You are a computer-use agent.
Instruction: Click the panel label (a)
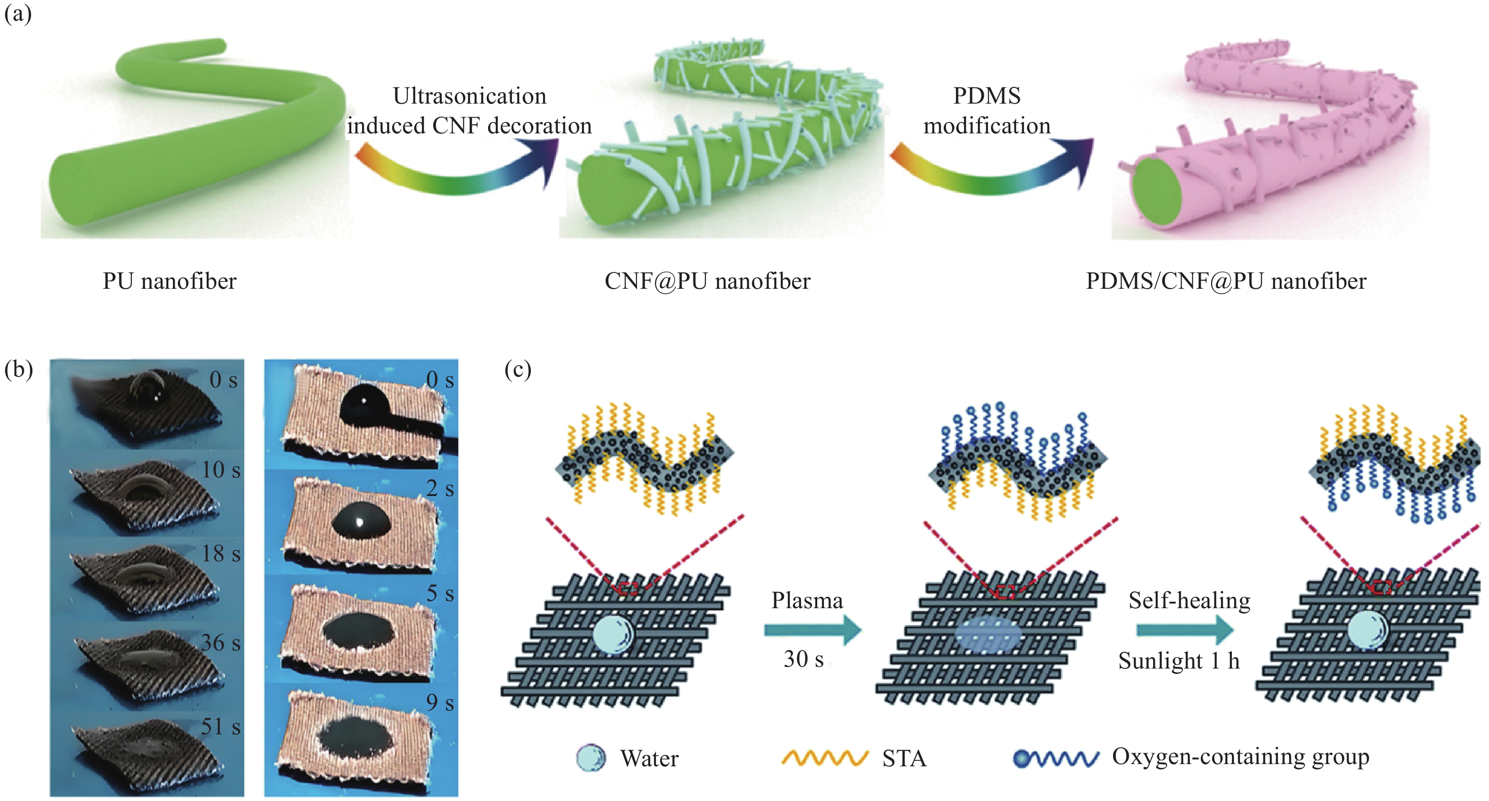point(18,13)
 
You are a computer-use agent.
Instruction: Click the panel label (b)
point(18,369)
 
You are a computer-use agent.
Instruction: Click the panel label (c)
point(517,369)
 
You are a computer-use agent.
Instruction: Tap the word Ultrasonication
point(469,96)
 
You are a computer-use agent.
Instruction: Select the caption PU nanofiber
point(169,281)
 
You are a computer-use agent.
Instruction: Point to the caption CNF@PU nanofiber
point(707,281)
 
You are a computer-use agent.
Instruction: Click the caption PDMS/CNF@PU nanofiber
point(1226,281)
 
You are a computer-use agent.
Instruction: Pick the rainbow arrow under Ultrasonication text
point(457,168)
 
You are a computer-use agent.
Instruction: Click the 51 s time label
point(220,726)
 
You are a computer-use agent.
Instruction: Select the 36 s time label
point(220,642)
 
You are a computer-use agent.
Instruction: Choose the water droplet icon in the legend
point(591,758)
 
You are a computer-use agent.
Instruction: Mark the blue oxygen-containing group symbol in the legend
point(1055,758)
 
